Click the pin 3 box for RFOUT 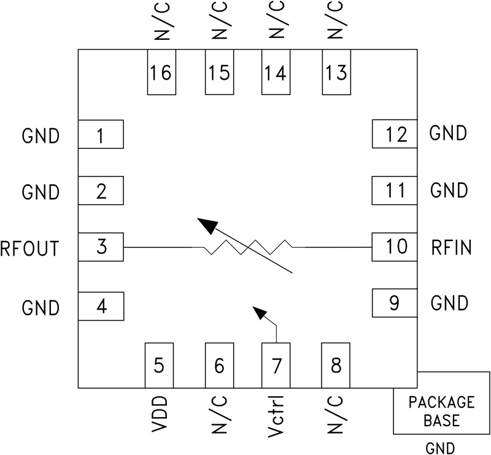101,248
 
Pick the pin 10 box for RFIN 396,247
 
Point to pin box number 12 396,134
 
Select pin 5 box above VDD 158,365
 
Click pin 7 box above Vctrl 276,365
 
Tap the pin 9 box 395,303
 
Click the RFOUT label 30,248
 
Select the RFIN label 450,248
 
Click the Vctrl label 276,418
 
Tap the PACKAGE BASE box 441,410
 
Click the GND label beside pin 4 41,307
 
